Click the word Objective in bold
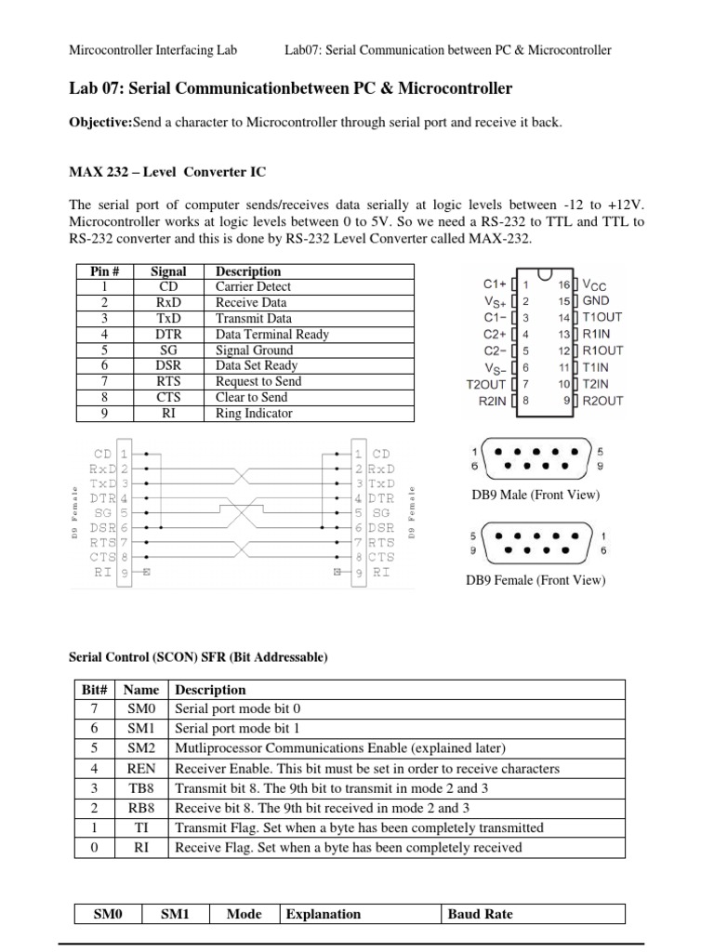click(x=100, y=123)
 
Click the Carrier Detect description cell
click(x=253, y=287)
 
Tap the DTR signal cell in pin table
click(x=168, y=335)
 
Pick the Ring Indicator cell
click(x=254, y=414)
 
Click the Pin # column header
click(x=105, y=271)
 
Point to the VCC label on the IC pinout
click(x=598, y=284)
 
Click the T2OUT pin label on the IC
click(x=484, y=384)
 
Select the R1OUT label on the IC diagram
click(x=602, y=350)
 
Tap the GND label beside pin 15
click(x=597, y=301)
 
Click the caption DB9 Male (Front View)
click(x=535, y=496)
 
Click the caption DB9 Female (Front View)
click(x=535, y=580)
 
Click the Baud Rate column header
click(x=480, y=914)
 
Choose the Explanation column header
click(x=324, y=914)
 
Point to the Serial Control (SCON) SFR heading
click(x=198, y=657)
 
